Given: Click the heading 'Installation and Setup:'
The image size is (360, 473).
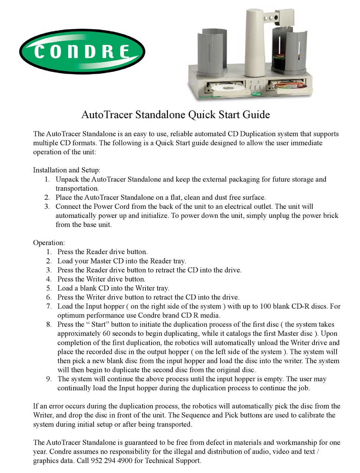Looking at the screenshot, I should click(x=67, y=170).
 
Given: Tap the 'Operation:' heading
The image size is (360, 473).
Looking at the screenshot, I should click(x=49, y=243).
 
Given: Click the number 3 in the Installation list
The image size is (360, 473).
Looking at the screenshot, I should click(x=47, y=207).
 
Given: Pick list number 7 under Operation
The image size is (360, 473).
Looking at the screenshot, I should click(x=49, y=306).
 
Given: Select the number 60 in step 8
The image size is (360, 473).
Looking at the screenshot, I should click(x=107, y=334).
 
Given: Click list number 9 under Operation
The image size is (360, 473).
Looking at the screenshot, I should click(x=49, y=379).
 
